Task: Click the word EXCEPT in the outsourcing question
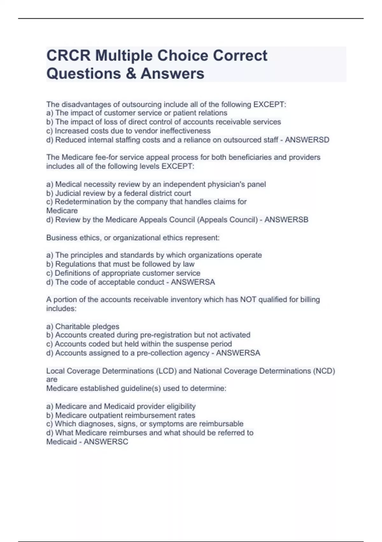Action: pyautogui.click(x=269, y=104)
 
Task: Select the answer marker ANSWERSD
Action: pyautogui.click(x=307, y=140)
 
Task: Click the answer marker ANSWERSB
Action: pyautogui.click(x=286, y=220)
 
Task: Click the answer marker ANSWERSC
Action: pyautogui.click(x=106, y=442)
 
